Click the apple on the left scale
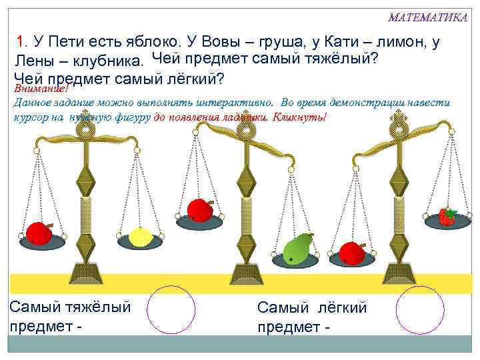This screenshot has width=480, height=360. click(40, 233)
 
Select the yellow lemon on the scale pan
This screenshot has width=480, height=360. click(141, 237)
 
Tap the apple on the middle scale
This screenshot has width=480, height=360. click(199, 210)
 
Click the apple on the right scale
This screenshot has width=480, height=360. click(351, 253)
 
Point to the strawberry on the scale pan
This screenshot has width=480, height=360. click(447, 216)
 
